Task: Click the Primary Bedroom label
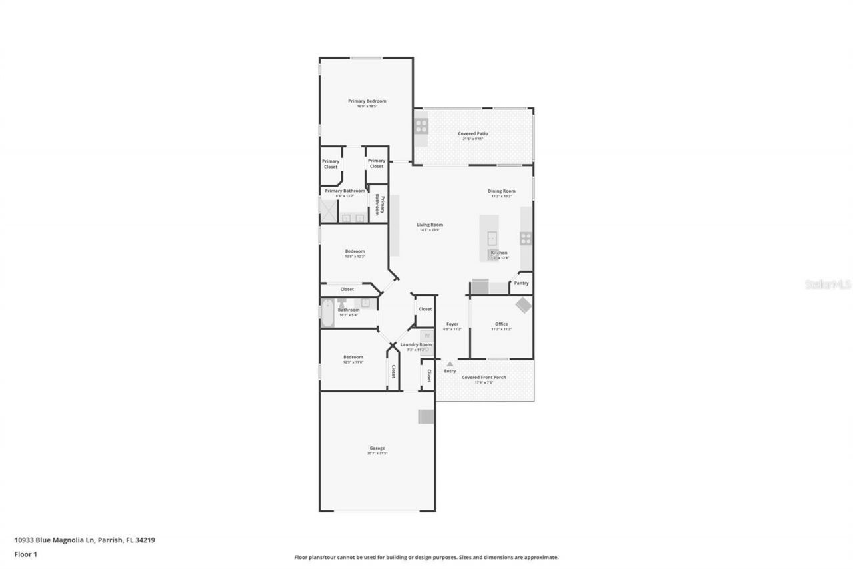coord(367,101)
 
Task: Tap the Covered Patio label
coord(473,134)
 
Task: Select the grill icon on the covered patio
coord(421,126)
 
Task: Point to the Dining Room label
coord(502,191)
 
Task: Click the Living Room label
coord(430,225)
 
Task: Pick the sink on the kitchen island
coord(492,237)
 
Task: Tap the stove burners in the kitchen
coord(526,237)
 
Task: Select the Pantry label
coord(521,283)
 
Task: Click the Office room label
coord(501,324)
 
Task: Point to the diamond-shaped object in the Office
coord(524,305)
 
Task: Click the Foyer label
coord(452,324)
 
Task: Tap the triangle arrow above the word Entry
coord(450,364)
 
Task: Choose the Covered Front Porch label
coord(484,378)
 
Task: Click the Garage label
coord(377,448)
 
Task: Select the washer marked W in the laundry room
coord(427,336)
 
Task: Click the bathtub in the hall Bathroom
coord(327,314)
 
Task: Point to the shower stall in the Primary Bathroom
coord(328,210)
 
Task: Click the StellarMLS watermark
coord(828,284)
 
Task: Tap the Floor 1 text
coord(25,554)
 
